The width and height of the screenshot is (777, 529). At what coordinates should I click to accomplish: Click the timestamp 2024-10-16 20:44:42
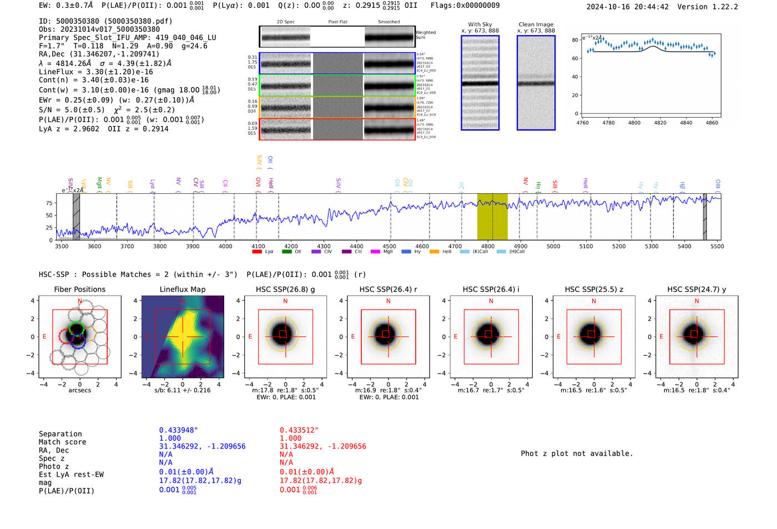627,7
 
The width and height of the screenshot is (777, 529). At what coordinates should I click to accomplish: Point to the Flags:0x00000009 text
465,6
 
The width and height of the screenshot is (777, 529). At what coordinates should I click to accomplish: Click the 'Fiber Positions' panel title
79,289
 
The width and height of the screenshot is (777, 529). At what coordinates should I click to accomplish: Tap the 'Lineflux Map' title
182,289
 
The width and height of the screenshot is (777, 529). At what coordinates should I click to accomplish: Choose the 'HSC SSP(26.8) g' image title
285,289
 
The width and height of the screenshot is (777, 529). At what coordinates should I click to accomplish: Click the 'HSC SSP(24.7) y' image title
697,289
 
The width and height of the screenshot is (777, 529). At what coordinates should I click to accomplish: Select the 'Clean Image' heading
536,24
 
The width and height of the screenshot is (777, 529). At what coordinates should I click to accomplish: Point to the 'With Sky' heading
480,24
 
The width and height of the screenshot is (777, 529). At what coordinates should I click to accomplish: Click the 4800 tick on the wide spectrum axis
487,246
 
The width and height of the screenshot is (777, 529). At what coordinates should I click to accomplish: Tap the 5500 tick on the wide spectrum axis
717,246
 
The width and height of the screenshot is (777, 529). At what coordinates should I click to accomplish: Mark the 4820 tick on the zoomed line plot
660,123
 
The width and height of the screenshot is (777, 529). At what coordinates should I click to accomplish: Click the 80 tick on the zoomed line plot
575,40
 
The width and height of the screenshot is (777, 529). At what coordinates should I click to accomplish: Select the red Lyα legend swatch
257,252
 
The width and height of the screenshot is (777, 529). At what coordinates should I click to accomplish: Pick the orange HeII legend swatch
434,252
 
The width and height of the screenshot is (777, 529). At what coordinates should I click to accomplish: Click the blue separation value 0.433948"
178,430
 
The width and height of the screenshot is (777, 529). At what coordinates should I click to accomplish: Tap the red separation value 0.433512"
299,430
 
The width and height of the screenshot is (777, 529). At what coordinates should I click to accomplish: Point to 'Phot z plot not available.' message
577,454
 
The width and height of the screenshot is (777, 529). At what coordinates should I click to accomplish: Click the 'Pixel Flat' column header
337,22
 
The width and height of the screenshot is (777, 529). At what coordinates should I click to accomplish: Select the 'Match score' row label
62,442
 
